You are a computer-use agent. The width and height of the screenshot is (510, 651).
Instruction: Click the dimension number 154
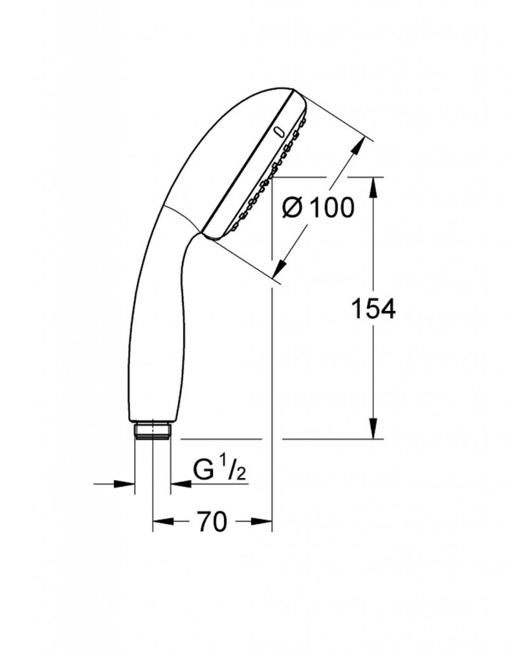pos(373,309)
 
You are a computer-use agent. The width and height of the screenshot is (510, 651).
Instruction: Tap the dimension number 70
pos(212,521)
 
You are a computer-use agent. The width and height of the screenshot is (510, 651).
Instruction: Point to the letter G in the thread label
pos(203,470)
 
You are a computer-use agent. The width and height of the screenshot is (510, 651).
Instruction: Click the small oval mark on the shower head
pos(280,131)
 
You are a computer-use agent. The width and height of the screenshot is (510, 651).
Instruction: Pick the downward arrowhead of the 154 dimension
pos(373,427)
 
